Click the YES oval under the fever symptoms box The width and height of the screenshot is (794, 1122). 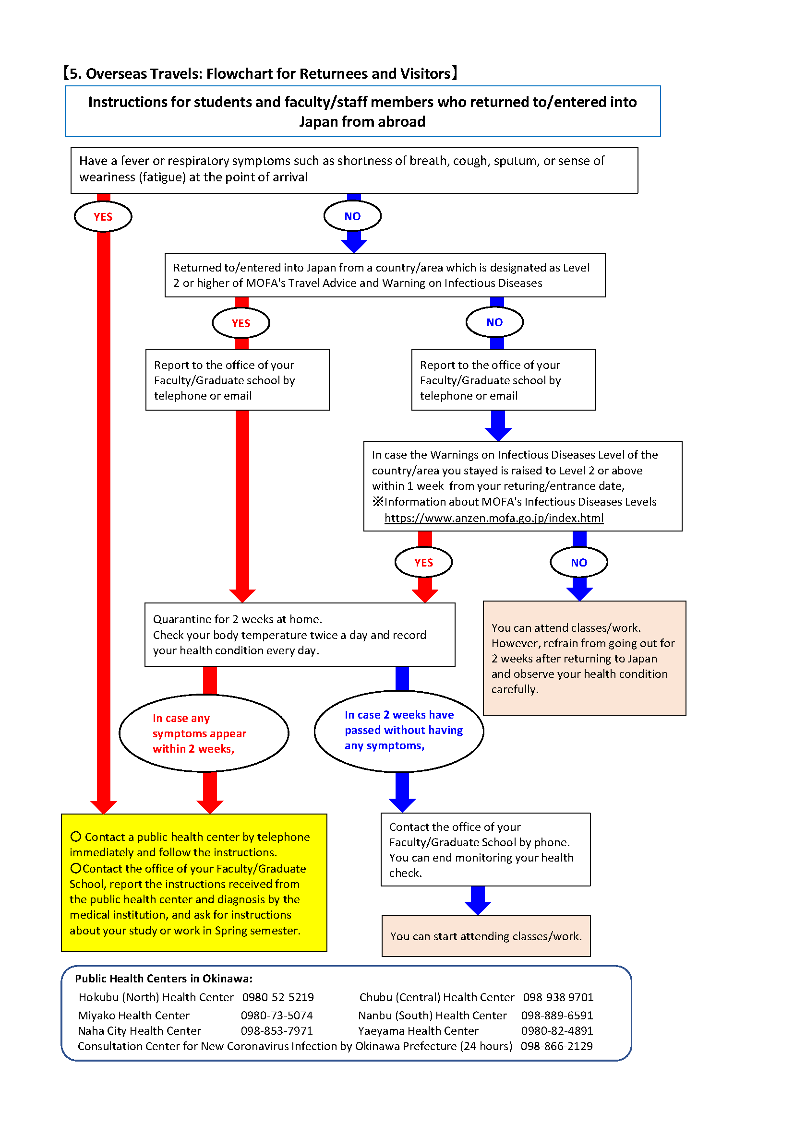103,216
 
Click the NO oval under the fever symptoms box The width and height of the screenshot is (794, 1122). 352,216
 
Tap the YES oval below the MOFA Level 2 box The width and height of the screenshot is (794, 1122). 241,323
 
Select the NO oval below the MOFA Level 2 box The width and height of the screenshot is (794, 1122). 495,322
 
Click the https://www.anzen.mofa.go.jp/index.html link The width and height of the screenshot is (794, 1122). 494,518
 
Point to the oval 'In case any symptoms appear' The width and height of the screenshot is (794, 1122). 204,733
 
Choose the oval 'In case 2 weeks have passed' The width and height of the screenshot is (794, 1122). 399,731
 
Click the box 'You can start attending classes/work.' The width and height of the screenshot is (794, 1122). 486,936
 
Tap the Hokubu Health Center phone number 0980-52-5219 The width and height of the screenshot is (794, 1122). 278,997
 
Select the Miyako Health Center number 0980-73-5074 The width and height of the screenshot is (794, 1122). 277,1016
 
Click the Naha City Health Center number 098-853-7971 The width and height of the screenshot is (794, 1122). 277,1030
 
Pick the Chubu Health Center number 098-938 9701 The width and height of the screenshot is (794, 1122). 558,997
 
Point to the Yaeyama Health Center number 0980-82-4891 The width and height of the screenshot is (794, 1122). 557,1030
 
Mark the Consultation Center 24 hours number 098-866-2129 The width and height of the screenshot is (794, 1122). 556,1046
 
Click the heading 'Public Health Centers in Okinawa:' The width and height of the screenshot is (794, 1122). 164,978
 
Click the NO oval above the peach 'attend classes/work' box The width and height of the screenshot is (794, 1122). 579,563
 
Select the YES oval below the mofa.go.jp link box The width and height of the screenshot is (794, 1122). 423,563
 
